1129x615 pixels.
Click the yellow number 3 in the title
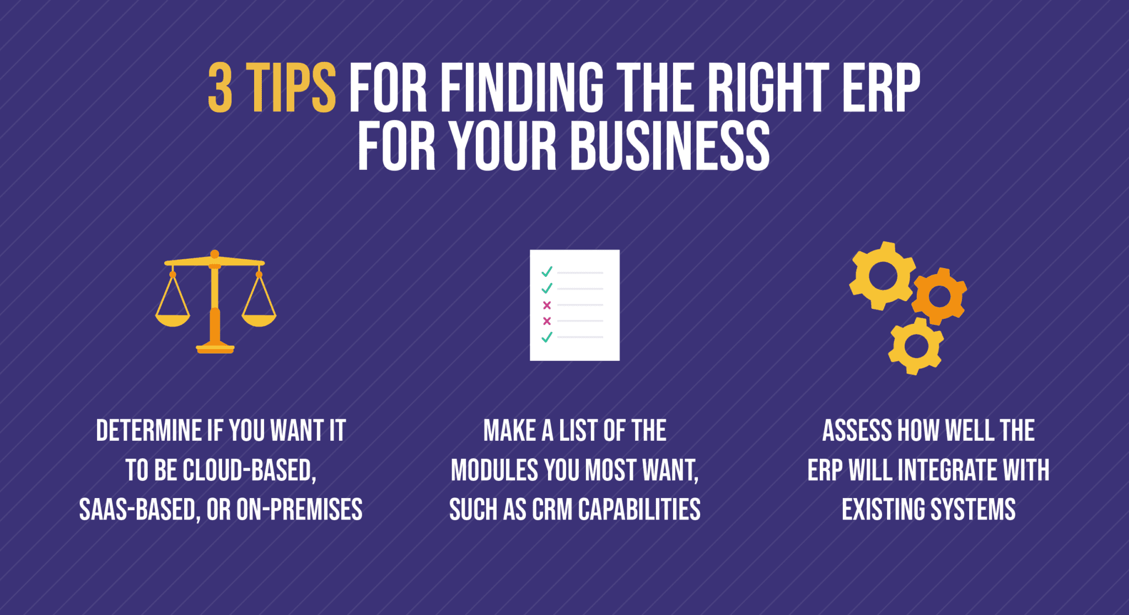click(219, 88)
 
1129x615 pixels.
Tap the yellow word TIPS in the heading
click(291, 88)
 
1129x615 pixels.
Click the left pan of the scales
click(173, 319)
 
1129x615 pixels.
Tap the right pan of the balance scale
click(259, 319)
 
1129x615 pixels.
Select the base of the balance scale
click(215, 348)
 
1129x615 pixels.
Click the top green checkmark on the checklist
click(547, 272)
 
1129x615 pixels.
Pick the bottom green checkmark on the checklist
click(547, 337)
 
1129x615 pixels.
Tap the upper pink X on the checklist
click(547, 305)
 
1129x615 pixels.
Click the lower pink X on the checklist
click(547, 321)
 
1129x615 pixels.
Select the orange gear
click(939, 296)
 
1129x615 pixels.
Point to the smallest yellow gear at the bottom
click(916, 346)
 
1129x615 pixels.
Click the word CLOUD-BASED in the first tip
click(249, 470)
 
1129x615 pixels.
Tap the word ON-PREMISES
click(299, 510)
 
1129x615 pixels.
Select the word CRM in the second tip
click(552, 510)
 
